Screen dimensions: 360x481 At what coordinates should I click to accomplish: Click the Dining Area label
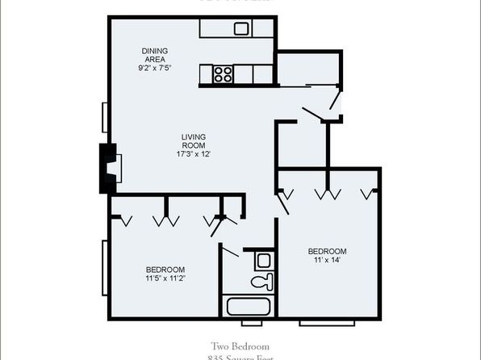[x=154, y=54]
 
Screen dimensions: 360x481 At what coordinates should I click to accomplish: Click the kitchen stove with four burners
[x=224, y=75]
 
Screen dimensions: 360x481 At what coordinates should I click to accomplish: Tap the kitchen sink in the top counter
[x=241, y=28]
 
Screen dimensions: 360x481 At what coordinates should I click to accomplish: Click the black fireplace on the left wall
[x=106, y=168]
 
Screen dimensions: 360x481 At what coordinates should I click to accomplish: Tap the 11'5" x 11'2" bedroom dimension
[x=165, y=278]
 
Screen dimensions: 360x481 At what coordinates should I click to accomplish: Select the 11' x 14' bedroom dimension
[x=327, y=260]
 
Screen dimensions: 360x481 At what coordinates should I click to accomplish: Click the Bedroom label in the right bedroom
[x=327, y=250]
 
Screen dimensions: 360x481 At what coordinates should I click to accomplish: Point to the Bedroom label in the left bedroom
[x=165, y=269]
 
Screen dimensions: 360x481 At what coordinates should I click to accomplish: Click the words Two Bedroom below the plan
[x=240, y=345]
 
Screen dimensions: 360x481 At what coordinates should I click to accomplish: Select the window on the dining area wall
[x=104, y=115]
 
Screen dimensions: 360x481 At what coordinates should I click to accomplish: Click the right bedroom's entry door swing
[x=283, y=203]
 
